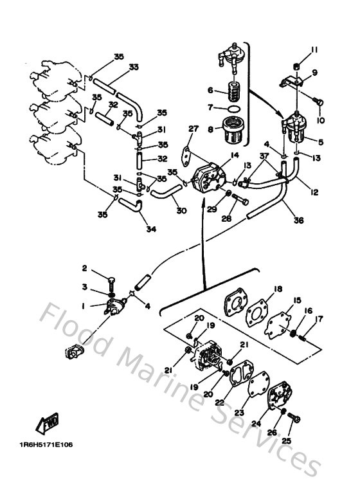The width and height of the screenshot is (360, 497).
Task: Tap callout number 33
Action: (x=133, y=66)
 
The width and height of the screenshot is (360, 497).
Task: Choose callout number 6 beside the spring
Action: (x=210, y=90)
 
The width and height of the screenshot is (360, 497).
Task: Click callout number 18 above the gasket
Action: (x=278, y=290)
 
